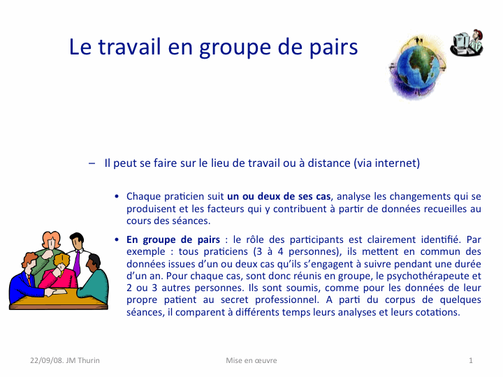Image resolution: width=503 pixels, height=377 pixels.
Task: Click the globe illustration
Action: pyautogui.click(x=418, y=68)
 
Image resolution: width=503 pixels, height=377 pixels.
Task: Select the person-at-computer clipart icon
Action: pyautogui.click(x=467, y=43)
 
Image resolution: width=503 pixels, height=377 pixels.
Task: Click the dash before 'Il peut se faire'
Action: pyautogui.click(x=92, y=163)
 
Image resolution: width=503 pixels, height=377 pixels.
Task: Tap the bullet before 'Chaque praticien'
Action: pyautogui.click(x=117, y=196)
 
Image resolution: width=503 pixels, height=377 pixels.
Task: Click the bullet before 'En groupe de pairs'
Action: pyautogui.click(x=117, y=239)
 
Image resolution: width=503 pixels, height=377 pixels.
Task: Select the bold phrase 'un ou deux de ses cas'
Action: pyautogui.click(x=279, y=196)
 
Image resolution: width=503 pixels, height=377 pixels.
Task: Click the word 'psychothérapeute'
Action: pyautogui.click(x=428, y=276)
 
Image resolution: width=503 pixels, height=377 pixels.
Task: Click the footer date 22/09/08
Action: pyautogui.click(x=47, y=360)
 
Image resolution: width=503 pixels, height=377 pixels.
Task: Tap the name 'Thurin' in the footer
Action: pyautogui.click(x=89, y=360)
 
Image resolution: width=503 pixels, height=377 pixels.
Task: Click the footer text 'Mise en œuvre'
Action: pyautogui.click(x=251, y=360)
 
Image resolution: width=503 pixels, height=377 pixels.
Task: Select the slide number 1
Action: pyautogui.click(x=471, y=360)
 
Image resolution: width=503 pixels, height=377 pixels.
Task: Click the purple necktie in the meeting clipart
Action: pyautogui.click(x=77, y=263)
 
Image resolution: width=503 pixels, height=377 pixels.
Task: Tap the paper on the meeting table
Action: pyautogui.click(x=60, y=291)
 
